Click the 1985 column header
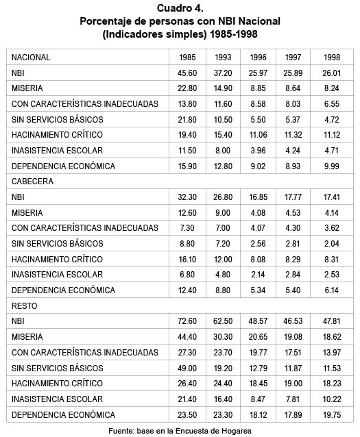point(187,58)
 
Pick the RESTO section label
point(25,305)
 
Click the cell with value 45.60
point(187,73)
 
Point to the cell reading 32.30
point(187,196)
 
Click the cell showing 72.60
point(187,321)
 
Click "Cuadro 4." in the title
point(180,8)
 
